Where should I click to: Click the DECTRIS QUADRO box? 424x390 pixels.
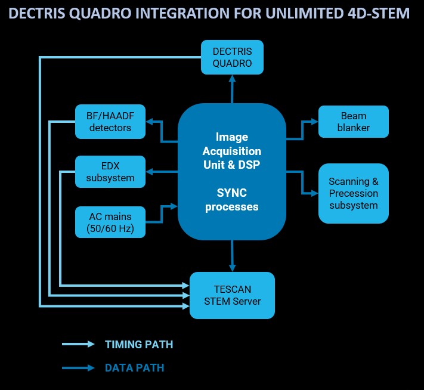(x=232, y=57)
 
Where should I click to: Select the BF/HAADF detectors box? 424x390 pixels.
(x=110, y=121)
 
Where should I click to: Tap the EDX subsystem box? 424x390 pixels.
(x=110, y=171)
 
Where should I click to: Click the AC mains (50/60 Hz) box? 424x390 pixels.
(x=110, y=221)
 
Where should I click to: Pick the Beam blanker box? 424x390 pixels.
(x=353, y=121)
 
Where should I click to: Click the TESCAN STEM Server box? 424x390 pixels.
(x=232, y=295)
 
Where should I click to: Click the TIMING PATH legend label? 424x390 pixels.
(x=139, y=345)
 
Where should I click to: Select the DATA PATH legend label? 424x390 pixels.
(x=134, y=367)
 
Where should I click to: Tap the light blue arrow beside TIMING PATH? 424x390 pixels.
(x=78, y=344)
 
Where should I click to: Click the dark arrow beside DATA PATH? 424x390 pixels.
(x=78, y=367)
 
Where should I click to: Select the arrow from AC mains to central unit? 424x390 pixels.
(x=162, y=213)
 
